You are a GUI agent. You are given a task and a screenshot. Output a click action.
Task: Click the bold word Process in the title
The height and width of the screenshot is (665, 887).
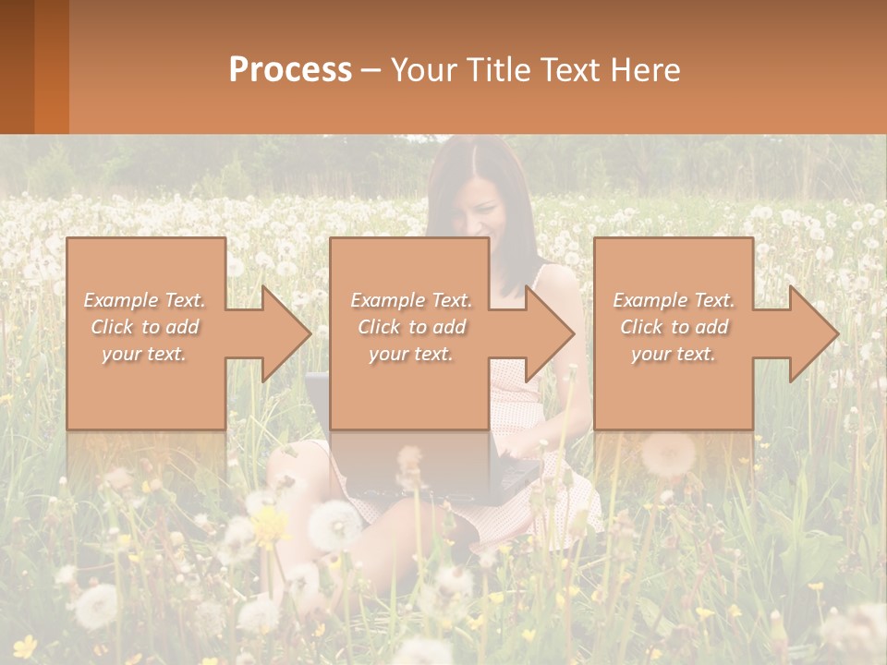click(x=290, y=70)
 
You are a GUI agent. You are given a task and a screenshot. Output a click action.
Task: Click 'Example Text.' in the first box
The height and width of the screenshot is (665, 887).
click(x=144, y=300)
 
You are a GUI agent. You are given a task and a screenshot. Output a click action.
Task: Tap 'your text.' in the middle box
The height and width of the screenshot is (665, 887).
click(x=410, y=354)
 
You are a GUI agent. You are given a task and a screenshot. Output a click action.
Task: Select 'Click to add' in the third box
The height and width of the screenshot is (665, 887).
click(x=674, y=327)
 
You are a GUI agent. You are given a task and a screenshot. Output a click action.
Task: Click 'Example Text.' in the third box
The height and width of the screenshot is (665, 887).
click(x=674, y=300)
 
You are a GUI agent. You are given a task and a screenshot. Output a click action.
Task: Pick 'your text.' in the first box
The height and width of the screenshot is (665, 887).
click(x=144, y=354)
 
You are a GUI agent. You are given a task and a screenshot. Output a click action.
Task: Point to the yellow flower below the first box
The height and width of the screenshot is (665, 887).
click(x=270, y=525)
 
